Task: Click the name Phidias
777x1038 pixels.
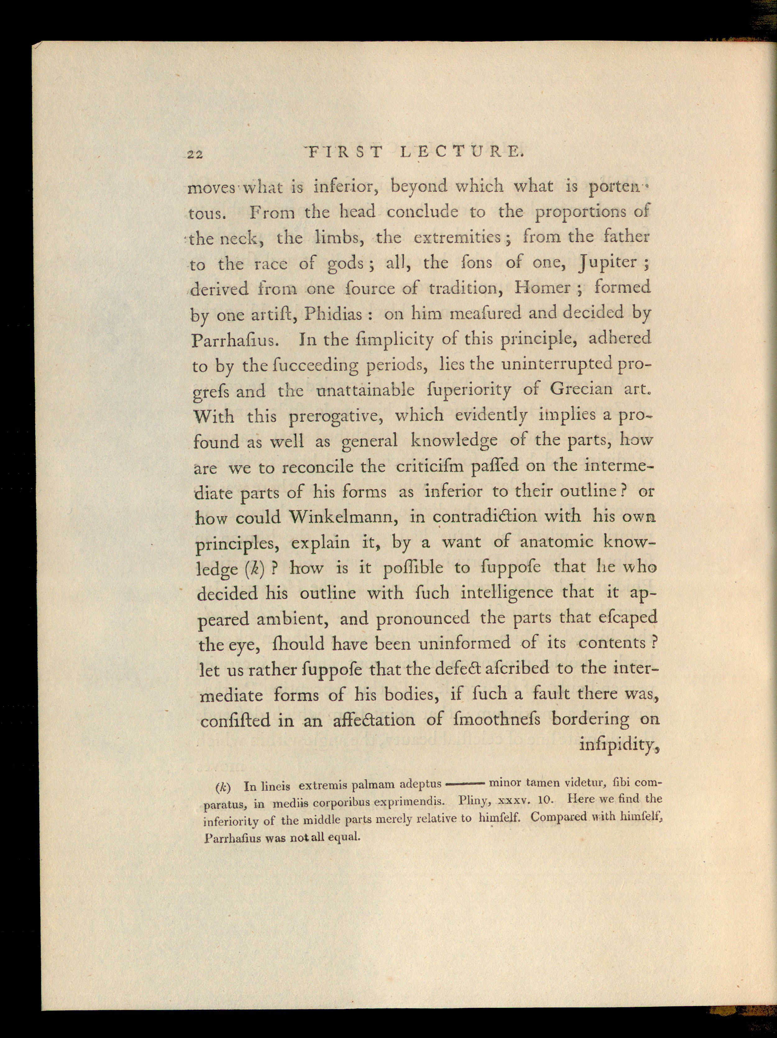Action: pyautogui.click(x=333, y=314)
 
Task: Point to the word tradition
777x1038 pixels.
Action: pyautogui.click(x=465, y=288)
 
